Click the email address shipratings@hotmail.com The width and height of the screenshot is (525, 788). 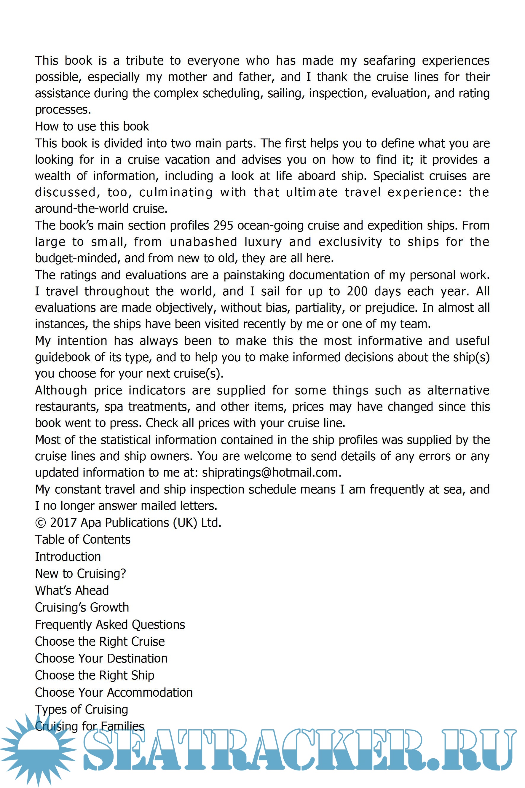tap(271, 472)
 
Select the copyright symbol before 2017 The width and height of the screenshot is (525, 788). tap(40, 523)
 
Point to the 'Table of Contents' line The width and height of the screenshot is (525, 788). tap(83, 540)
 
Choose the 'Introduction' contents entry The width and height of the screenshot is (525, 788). tap(68, 557)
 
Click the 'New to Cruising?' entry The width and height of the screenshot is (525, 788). tap(80, 574)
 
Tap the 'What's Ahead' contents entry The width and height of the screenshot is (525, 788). tap(72, 590)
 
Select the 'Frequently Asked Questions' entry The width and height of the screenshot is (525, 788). tap(110, 625)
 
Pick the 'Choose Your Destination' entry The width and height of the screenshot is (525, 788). tap(101, 658)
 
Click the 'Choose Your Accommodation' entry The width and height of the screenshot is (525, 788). tap(114, 692)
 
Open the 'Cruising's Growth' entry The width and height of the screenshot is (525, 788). tap(82, 607)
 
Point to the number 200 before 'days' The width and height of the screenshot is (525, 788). tap(357, 291)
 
